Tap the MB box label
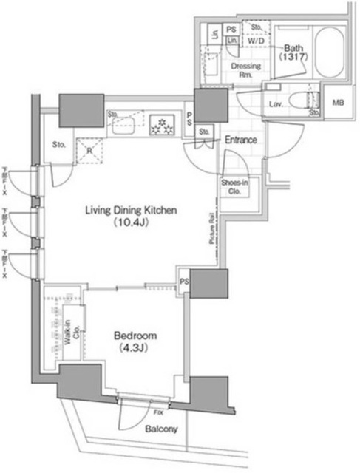click(339, 103)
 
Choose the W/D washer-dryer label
click(256, 41)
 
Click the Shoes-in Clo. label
click(234, 185)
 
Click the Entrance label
click(241, 140)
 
